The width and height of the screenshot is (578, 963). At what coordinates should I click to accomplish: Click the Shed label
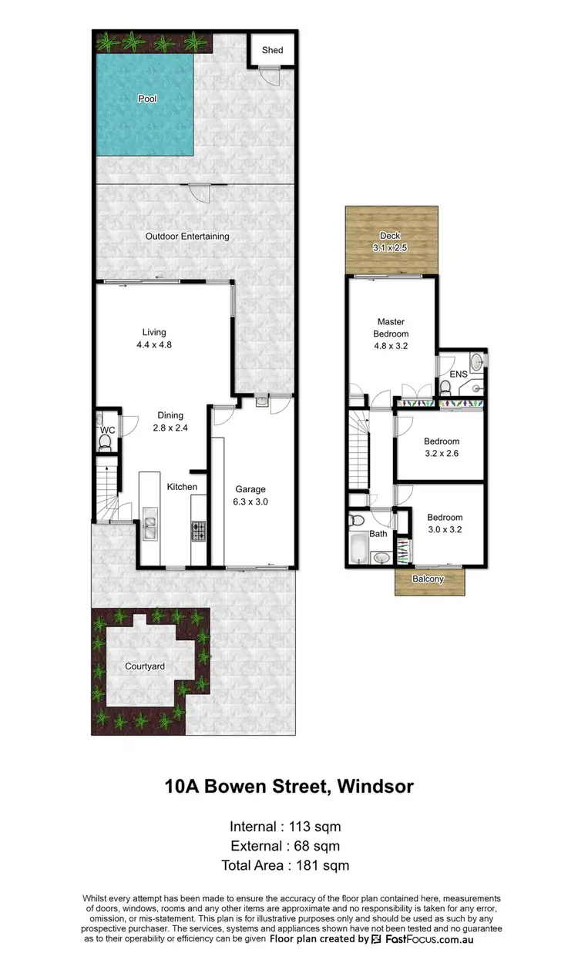click(x=272, y=50)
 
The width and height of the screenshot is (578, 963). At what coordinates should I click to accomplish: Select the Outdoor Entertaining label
click(x=187, y=237)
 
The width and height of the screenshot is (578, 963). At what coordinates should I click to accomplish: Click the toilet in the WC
click(x=106, y=441)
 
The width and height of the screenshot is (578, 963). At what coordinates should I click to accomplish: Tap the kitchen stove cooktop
click(x=199, y=530)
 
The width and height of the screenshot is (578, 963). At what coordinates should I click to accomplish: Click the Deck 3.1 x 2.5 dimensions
click(x=391, y=248)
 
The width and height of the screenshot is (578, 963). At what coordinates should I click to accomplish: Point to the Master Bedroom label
click(x=391, y=327)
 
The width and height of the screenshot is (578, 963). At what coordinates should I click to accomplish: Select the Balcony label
click(x=428, y=579)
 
